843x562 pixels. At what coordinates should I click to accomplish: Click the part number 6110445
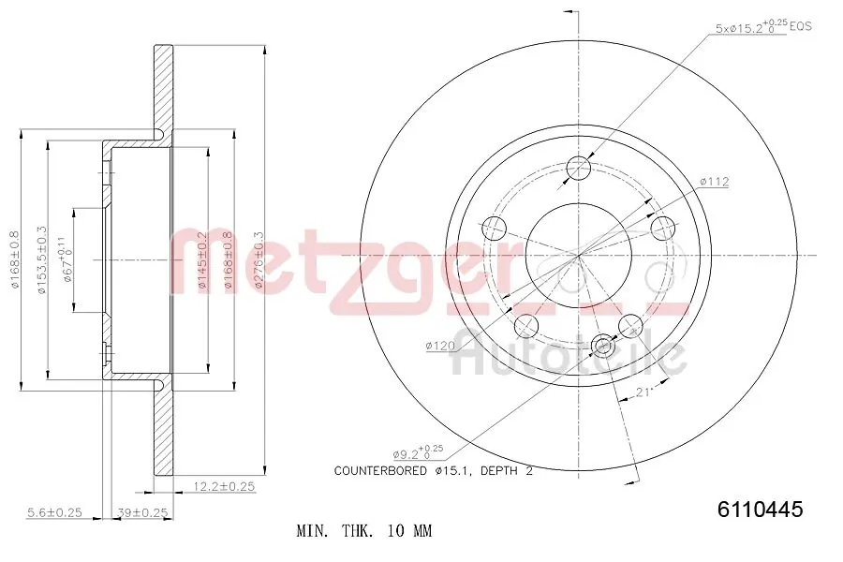(x=760, y=510)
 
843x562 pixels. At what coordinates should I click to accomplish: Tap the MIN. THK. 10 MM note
(x=363, y=531)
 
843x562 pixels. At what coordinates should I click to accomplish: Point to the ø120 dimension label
(x=439, y=346)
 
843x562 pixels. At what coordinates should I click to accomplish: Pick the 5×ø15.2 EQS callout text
(x=762, y=28)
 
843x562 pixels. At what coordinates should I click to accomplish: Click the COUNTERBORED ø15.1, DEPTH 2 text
(x=433, y=471)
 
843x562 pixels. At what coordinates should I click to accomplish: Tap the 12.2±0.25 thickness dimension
(x=223, y=486)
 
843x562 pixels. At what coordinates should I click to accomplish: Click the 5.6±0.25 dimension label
(x=53, y=512)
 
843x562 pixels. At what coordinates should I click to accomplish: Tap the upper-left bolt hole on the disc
(x=494, y=228)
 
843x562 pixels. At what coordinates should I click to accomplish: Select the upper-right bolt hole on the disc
(x=663, y=228)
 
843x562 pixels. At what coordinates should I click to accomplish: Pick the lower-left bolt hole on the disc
(x=527, y=326)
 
